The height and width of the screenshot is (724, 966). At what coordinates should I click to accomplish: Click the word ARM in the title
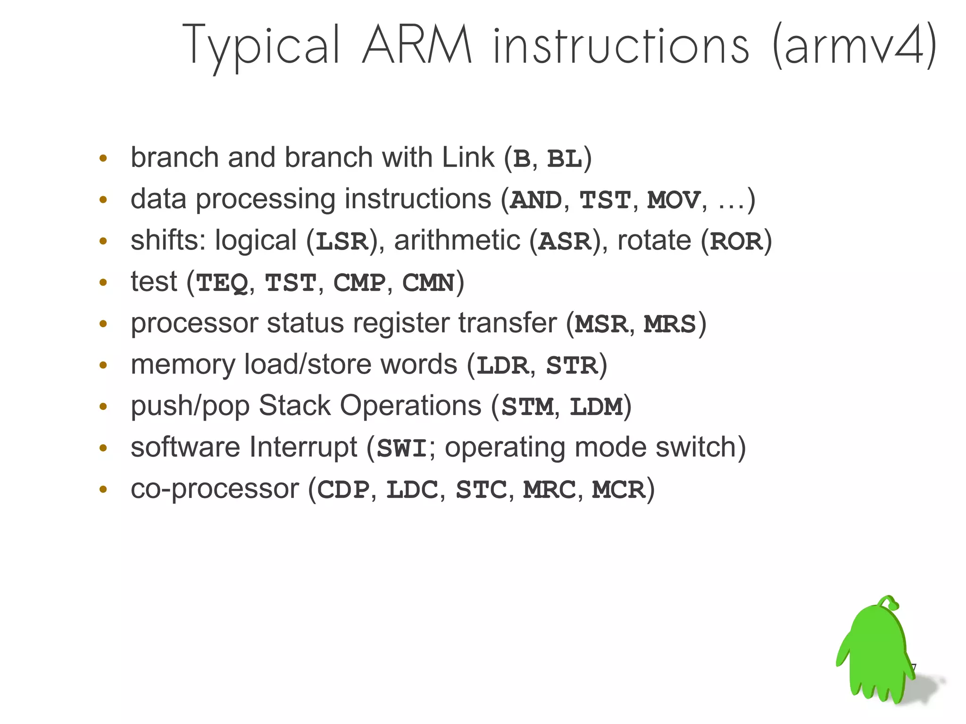point(417,46)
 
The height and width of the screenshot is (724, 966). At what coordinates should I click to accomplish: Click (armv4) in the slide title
point(854,46)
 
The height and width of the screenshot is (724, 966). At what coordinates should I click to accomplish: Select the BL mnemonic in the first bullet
point(564,159)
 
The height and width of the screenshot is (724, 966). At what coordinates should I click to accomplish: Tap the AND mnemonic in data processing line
point(536,200)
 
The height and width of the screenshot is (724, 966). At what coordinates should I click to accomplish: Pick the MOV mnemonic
point(674,200)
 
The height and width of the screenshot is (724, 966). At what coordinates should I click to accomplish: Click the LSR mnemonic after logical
point(341,241)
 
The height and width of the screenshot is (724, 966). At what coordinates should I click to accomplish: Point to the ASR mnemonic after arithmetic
point(565,241)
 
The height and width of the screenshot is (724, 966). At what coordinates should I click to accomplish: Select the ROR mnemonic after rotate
point(736,241)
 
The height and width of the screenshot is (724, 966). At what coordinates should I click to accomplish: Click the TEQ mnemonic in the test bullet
point(222,283)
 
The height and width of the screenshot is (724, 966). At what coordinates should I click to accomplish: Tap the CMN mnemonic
point(428,283)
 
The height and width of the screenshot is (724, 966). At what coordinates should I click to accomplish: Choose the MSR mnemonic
point(601,325)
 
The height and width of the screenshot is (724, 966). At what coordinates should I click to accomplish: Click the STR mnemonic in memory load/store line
point(572,366)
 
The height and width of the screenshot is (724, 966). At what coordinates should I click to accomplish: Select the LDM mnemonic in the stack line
point(596,407)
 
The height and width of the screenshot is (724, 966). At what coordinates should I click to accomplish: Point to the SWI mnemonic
point(402,449)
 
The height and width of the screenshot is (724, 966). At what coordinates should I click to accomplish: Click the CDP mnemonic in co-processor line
point(343,490)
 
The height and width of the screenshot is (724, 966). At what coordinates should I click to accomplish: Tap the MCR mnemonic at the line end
point(618,490)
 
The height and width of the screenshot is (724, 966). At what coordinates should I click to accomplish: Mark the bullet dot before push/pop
point(103,406)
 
